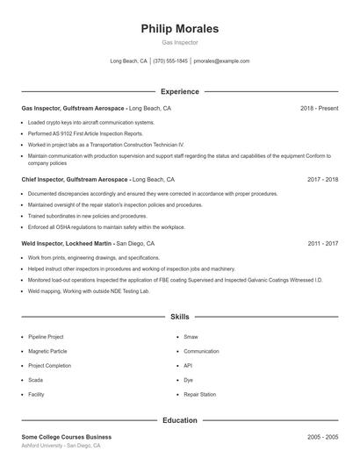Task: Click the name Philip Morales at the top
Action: (180, 29)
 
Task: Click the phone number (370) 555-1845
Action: (170, 61)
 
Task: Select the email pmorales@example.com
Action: (221, 61)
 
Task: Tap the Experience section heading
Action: (180, 91)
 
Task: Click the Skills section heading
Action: (180, 316)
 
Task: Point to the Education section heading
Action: (180, 420)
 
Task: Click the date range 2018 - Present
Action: (319, 108)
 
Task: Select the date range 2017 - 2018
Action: (322, 179)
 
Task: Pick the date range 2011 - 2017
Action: (322, 243)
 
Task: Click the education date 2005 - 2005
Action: (322, 436)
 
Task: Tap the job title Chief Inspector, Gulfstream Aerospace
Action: (74, 179)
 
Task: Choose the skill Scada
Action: (35, 380)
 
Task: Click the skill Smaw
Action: (191, 336)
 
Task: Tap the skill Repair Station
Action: (199, 395)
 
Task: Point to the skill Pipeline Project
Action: (46, 336)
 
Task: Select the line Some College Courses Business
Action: (67, 436)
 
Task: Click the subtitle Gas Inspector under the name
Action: (180, 42)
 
